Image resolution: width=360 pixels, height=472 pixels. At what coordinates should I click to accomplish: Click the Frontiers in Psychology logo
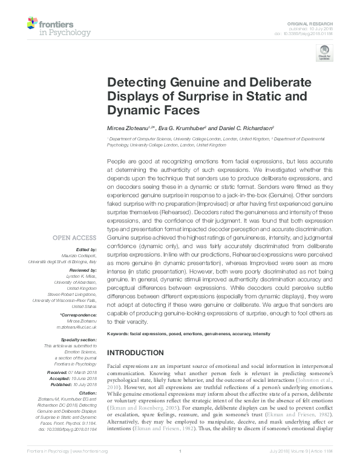pos(59,27)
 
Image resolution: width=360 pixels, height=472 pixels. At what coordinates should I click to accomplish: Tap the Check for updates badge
pos(326,53)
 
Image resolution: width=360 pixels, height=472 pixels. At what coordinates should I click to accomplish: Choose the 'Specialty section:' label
pos(79,339)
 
